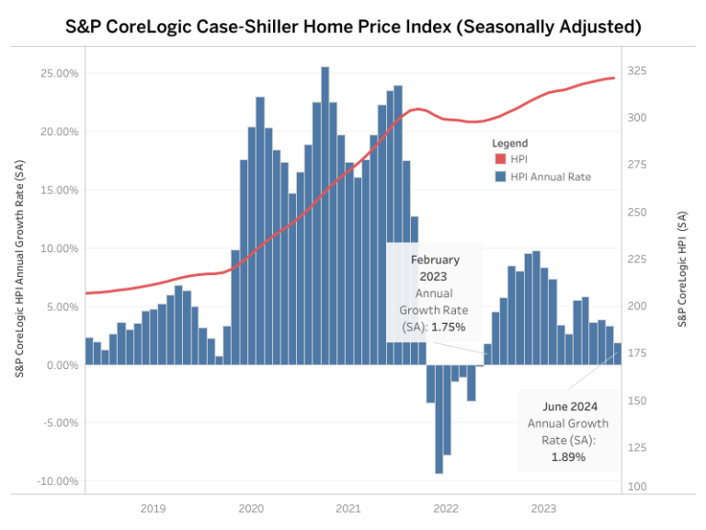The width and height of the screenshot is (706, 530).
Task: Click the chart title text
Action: coord(353,26)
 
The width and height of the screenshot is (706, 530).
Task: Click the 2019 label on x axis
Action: coord(153,508)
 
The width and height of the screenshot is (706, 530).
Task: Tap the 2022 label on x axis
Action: coord(446,508)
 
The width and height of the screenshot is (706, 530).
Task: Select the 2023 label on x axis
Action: coord(543,508)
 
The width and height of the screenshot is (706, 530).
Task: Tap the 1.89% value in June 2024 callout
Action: coord(568,456)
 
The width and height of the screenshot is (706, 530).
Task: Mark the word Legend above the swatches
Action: coord(510,144)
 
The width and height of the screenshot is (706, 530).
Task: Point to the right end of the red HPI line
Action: coord(614,78)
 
